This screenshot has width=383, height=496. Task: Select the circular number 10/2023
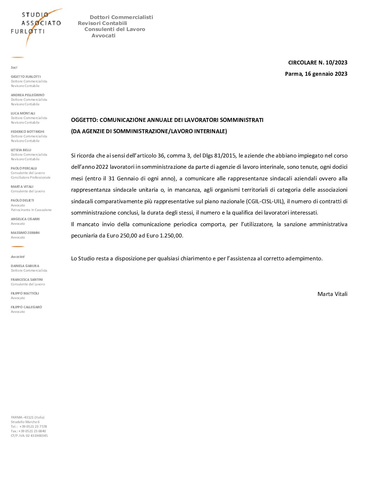click(x=336, y=63)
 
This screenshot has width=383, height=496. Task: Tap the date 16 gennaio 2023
click(x=326, y=74)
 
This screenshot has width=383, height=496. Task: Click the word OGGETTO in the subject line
click(x=84, y=120)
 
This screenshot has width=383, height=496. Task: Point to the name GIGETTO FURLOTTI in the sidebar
click(x=26, y=77)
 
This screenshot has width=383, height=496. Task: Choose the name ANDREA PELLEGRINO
click(x=27, y=95)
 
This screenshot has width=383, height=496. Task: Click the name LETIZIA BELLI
click(x=21, y=150)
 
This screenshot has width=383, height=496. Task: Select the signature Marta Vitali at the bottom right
click(x=332, y=294)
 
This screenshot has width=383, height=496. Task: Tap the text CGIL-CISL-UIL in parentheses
click(x=265, y=201)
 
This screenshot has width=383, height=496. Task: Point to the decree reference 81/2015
click(x=225, y=156)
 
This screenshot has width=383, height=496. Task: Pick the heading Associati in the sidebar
click(x=18, y=257)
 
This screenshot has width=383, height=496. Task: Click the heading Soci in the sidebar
click(x=14, y=68)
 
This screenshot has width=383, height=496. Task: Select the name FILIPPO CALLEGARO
click(x=26, y=307)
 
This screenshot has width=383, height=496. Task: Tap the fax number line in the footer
click(x=28, y=431)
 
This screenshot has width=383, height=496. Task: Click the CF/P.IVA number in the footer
click(x=29, y=436)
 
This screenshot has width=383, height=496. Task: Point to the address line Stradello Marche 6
click(x=25, y=422)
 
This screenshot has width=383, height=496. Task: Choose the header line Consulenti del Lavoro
click(x=115, y=30)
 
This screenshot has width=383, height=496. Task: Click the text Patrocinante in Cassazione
click(x=31, y=210)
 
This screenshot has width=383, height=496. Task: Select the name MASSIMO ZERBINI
click(x=25, y=233)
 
